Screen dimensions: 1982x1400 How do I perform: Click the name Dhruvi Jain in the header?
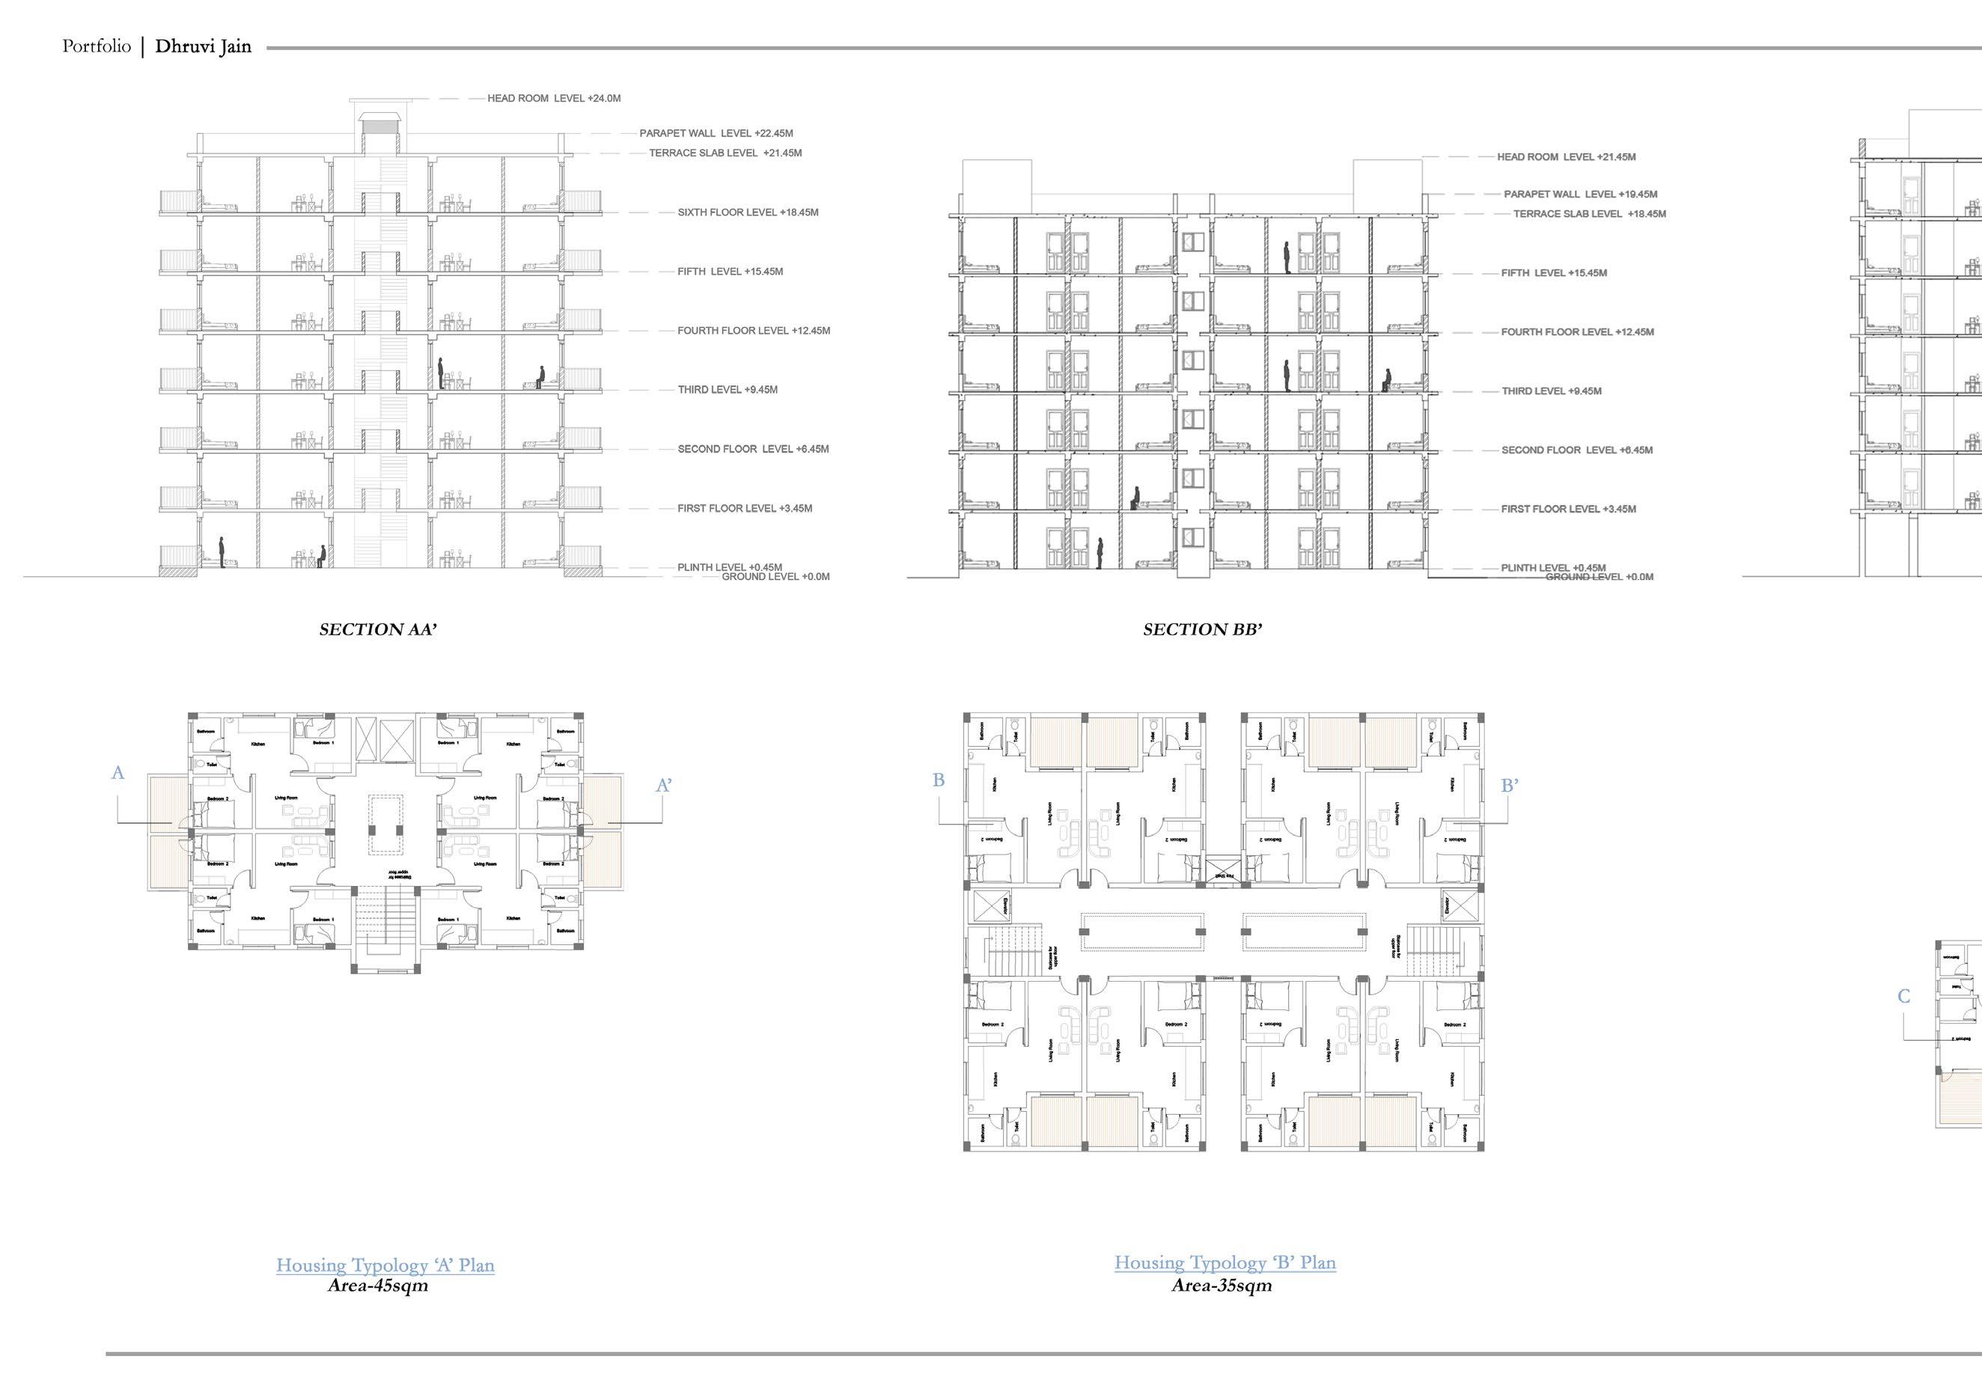pyautogui.click(x=203, y=46)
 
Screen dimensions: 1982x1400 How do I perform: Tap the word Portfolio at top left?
pyautogui.click(x=96, y=46)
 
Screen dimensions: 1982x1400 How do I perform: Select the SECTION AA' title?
pyautogui.click(x=377, y=630)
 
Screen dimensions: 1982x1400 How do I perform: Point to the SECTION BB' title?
pyautogui.click(x=1203, y=630)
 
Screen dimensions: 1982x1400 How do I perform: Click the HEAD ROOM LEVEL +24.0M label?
pyautogui.click(x=553, y=99)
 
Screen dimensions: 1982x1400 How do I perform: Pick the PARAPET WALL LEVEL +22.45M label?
pyautogui.click(x=716, y=134)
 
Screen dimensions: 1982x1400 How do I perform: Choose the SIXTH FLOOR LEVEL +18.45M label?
pyautogui.click(x=748, y=213)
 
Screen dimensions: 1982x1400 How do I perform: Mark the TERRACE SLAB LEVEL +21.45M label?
pyautogui.click(x=725, y=153)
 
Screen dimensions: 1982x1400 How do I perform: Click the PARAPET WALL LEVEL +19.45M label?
pyautogui.click(x=1580, y=195)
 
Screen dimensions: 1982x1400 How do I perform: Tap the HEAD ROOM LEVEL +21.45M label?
pyautogui.click(x=1566, y=157)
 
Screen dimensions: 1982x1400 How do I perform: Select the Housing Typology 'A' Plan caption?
pyautogui.click(x=385, y=1265)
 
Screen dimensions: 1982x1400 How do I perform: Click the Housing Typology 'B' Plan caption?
pyautogui.click(x=1225, y=1263)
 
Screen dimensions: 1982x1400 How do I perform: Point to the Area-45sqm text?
pyautogui.click(x=378, y=1286)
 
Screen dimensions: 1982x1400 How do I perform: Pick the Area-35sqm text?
pyautogui.click(x=1221, y=1286)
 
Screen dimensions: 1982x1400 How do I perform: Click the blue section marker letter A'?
pyautogui.click(x=664, y=786)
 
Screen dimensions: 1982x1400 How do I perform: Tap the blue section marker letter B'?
pyautogui.click(x=1510, y=786)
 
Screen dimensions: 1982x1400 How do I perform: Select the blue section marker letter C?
pyautogui.click(x=1903, y=997)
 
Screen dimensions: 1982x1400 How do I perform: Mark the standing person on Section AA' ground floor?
pyautogui.click(x=222, y=552)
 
